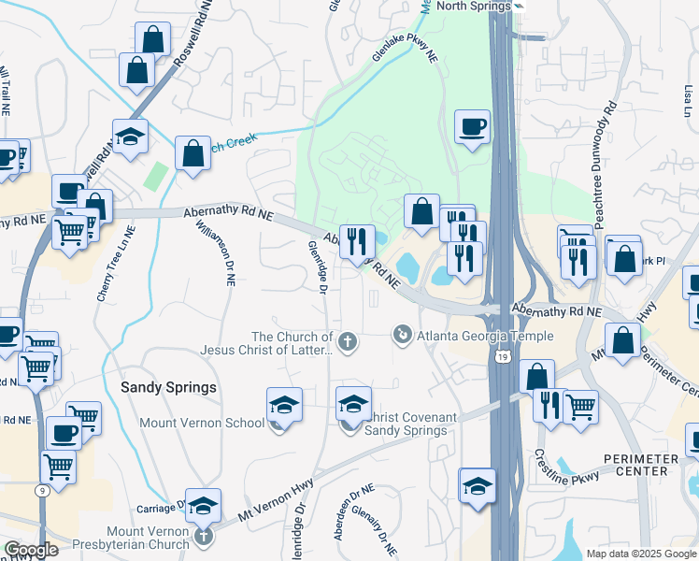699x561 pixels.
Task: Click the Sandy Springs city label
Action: click(169, 387)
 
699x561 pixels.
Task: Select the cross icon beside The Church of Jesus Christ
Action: click(348, 342)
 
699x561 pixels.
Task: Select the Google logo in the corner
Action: click(31, 550)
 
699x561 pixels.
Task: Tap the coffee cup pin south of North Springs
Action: click(472, 127)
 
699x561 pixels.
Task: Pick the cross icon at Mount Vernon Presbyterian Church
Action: click(205, 538)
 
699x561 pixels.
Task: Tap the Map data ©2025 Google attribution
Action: click(640, 554)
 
